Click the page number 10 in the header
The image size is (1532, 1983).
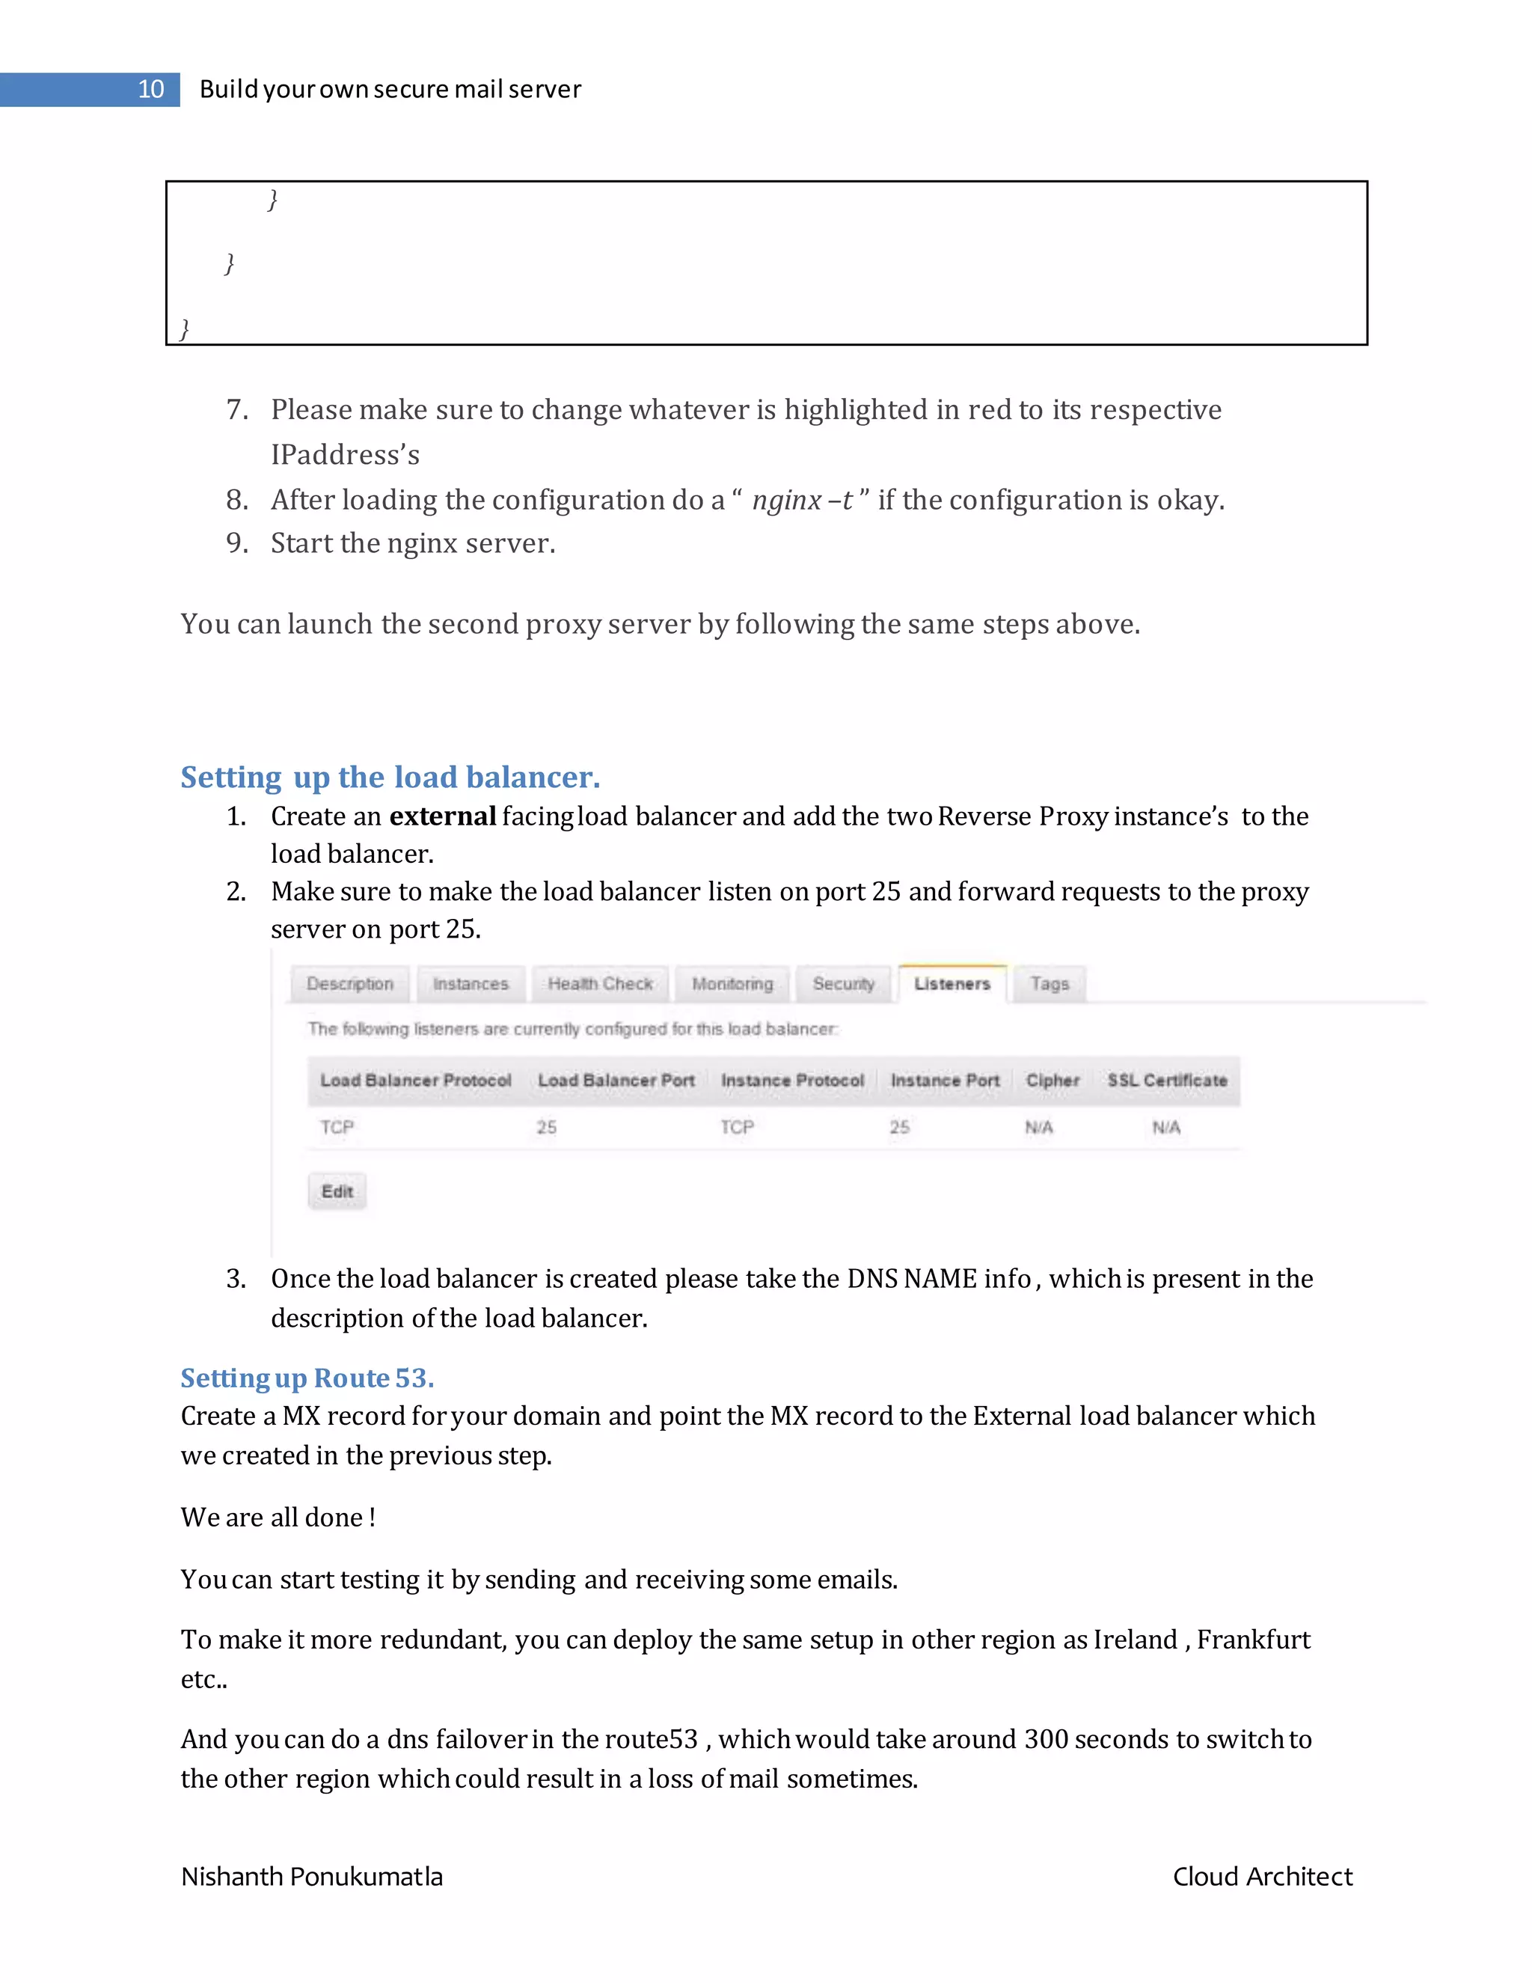[x=150, y=89]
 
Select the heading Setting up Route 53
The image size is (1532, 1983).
[x=307, y=1378]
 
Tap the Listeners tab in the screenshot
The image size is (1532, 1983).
[x=952, y=984]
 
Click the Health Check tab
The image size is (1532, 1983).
[x=600, y=984]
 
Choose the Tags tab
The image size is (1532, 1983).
[x=1050, y=984]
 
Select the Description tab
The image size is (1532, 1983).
[x=349, y=984]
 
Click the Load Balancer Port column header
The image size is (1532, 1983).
[x=616, y=1081]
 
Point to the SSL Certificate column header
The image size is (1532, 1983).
[x=1166, y=1081]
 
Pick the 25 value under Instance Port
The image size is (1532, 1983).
[x=899, y=1128]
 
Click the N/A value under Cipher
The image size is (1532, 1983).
[x=1038, y=1128]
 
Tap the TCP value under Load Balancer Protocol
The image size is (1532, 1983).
[x=337, y=1128]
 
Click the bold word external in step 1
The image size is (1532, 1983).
[x=442, y=816]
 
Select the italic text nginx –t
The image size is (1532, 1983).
[x=803, y=501]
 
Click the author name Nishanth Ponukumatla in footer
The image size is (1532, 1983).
[x=311, y=1877]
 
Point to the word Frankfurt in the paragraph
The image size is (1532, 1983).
[x=1254, y=1640]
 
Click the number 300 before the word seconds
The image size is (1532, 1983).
[x=1046, y=1739]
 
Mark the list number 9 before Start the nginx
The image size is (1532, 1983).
[x=236, y=543]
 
